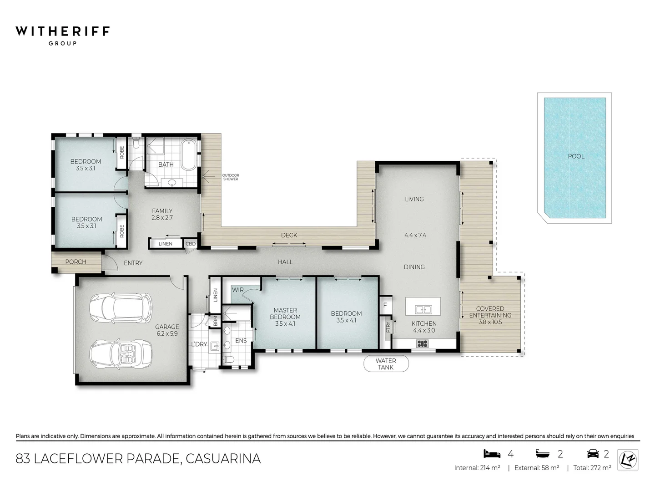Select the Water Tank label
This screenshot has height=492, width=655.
(386, 364)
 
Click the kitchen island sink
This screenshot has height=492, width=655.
(423, 310)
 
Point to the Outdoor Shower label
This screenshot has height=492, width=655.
(231, 177)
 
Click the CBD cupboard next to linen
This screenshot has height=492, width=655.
(190, 244)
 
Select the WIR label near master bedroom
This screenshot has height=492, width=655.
(237, 290)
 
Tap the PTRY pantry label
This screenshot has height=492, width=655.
(388, 327)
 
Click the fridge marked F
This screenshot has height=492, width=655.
(385, 305)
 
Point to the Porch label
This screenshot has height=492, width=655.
(76, 261)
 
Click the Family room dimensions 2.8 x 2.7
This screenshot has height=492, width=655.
(162, 218)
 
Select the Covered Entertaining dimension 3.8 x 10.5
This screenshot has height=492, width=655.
(490, 322)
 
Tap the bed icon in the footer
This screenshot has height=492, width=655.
(492, 453)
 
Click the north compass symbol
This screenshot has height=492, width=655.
(628, 459)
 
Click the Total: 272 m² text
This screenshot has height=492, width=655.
(591, 468)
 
